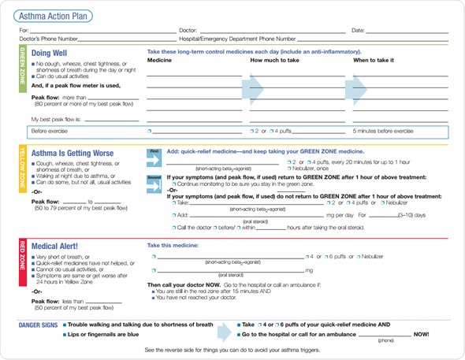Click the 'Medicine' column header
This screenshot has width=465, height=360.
159,60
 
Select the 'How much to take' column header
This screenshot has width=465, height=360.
274,60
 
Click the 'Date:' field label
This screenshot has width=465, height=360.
358,30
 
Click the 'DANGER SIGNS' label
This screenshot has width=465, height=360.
40,324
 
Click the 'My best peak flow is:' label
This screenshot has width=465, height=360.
56,119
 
